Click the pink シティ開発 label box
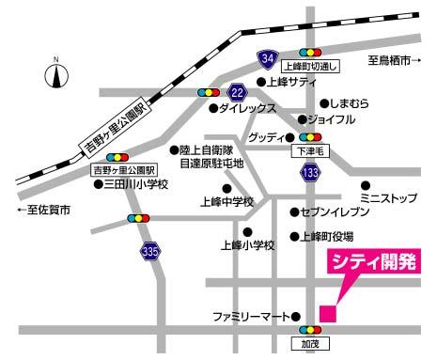(372, 262)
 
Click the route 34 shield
(269, 60)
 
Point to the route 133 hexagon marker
(309, 173)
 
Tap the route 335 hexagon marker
(149, 251)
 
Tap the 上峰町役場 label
(332, 237)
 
